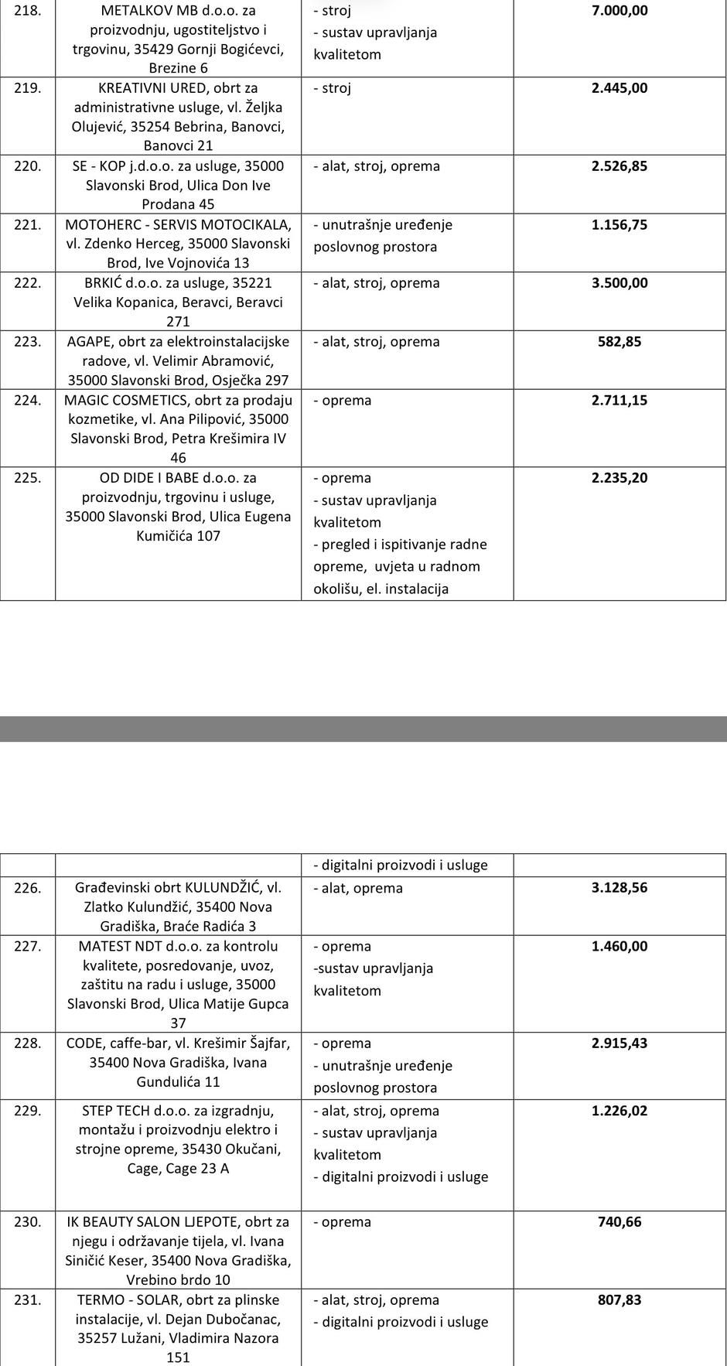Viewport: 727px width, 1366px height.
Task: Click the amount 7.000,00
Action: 619,11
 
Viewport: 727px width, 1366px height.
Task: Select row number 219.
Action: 28,88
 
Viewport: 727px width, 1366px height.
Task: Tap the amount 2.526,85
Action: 619,166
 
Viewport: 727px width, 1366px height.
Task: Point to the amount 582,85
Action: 619,342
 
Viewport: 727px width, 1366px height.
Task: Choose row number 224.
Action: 28,401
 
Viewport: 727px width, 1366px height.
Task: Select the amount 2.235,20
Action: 619,478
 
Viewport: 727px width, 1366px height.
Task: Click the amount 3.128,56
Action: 619,888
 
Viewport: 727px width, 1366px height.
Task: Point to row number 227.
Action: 28,947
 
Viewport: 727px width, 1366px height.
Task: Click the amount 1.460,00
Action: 619,947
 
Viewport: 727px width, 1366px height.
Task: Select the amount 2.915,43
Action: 619,1043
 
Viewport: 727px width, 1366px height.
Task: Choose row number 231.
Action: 28,1300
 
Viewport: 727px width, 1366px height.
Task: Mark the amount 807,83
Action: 619,1300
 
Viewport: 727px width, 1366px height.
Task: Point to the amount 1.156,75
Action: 619,225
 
